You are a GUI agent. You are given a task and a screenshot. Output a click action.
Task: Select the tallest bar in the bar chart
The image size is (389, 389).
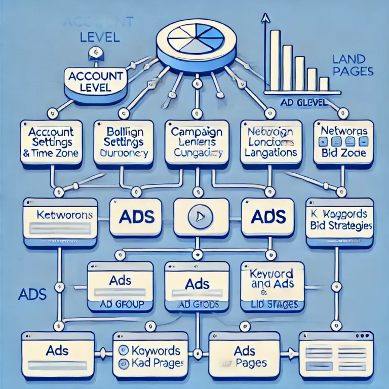pyautogui.click(x=275, y=60)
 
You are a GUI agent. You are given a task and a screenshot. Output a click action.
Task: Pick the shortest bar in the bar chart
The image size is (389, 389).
pyautogui.click(x=324, y=84)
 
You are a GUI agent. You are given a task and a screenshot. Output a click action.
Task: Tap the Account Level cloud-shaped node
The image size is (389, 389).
pyautogui.click(x=95, y=81)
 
